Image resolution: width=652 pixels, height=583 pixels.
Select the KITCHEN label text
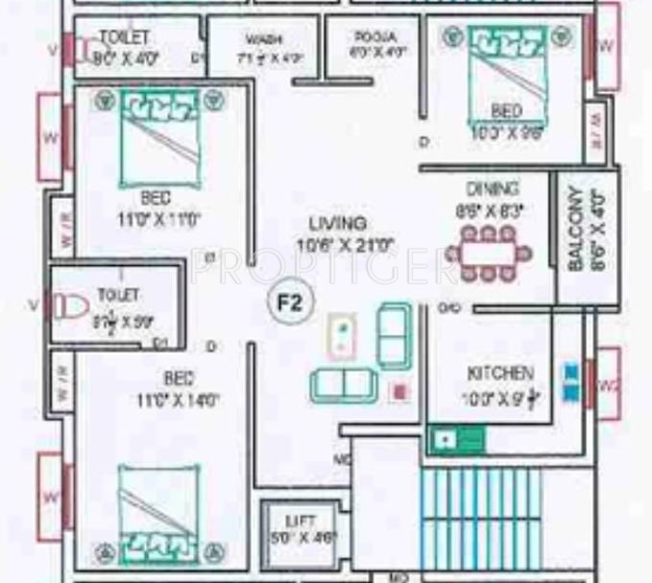pos(500,372)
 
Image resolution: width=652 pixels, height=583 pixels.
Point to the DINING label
pos(492,188)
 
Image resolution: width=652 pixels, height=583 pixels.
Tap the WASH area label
pos(262,39)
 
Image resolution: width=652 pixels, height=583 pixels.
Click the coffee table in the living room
pos(341,336)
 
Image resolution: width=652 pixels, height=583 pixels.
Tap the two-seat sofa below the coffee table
pos(341,384)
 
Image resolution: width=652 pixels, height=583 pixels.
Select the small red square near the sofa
pos(399,392)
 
